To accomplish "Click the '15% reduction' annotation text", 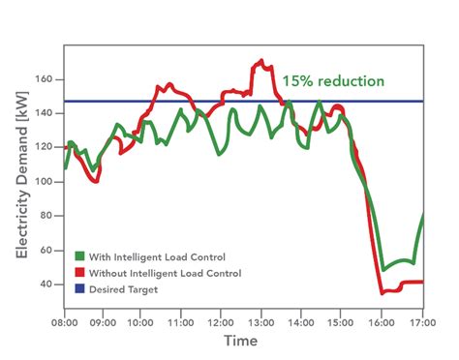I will [333, 81].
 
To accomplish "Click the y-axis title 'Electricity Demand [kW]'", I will [20, 181].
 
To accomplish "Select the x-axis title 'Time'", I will [240, 342].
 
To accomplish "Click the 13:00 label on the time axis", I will [260, 320].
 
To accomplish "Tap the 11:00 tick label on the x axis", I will [180, 320].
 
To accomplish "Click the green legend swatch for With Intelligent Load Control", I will [80, 256].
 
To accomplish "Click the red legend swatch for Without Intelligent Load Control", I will [80, 273].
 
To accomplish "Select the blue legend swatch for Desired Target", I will [80, 288].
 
